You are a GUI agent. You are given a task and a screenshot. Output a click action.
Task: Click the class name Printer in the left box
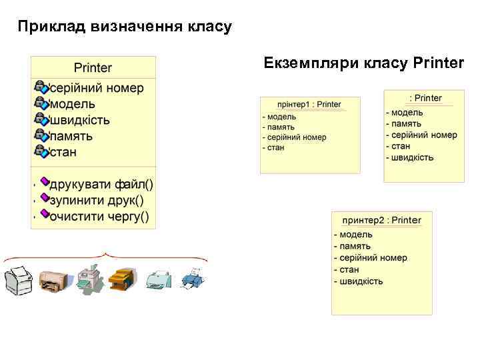pos(93,67)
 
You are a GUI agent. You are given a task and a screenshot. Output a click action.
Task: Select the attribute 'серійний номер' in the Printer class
pos(96,88)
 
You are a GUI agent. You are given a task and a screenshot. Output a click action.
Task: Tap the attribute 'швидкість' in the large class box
pos(80,120)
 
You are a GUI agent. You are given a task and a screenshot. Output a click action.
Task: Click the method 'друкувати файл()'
pos(101,184)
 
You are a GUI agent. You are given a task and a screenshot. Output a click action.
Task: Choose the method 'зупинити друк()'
pos(97,200)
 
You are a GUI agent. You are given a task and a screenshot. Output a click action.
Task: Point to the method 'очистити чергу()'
pos(99,216)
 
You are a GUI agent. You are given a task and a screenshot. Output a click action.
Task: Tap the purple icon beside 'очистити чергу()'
pos(45,214)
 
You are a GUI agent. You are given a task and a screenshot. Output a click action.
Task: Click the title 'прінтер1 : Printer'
pos(309,105)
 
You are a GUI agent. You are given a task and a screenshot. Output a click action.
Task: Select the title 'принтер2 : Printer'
pos(381,220)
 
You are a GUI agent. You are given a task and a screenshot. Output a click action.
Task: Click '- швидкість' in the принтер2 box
pos(359,281)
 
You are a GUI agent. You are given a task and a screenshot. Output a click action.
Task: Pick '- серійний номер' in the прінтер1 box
pos(294,137)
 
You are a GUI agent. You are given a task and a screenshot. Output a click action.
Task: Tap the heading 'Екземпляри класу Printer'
pos(363,63)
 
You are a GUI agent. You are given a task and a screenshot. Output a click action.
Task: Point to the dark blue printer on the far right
pos(193,277)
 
